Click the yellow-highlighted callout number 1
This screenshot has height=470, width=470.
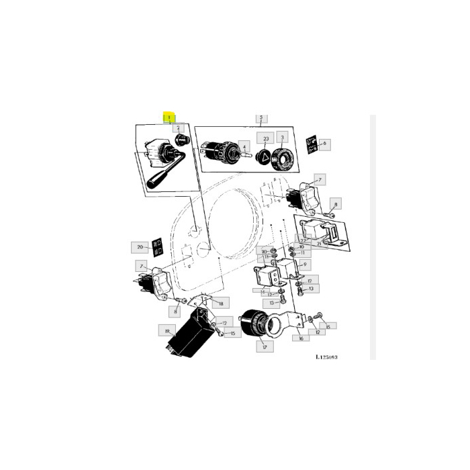click(x=169, y=117)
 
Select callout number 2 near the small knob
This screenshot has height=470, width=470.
click(x=178, y=127)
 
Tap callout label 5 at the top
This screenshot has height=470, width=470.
click(x=261, y=119)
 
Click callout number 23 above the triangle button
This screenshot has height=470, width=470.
click(x=266, y=140)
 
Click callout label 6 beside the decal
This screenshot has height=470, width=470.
click(x=325, y=143)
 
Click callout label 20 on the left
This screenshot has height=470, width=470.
click(x=140, y=247)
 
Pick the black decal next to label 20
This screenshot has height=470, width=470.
click(x=158, y=247)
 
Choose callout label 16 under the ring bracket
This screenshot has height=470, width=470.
click(x=301, y=338)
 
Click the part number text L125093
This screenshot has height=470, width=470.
click(x=326, y=357)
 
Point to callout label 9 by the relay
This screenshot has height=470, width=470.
click(x=304, y=265)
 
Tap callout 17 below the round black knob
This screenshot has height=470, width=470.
click(x=265, y=347)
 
